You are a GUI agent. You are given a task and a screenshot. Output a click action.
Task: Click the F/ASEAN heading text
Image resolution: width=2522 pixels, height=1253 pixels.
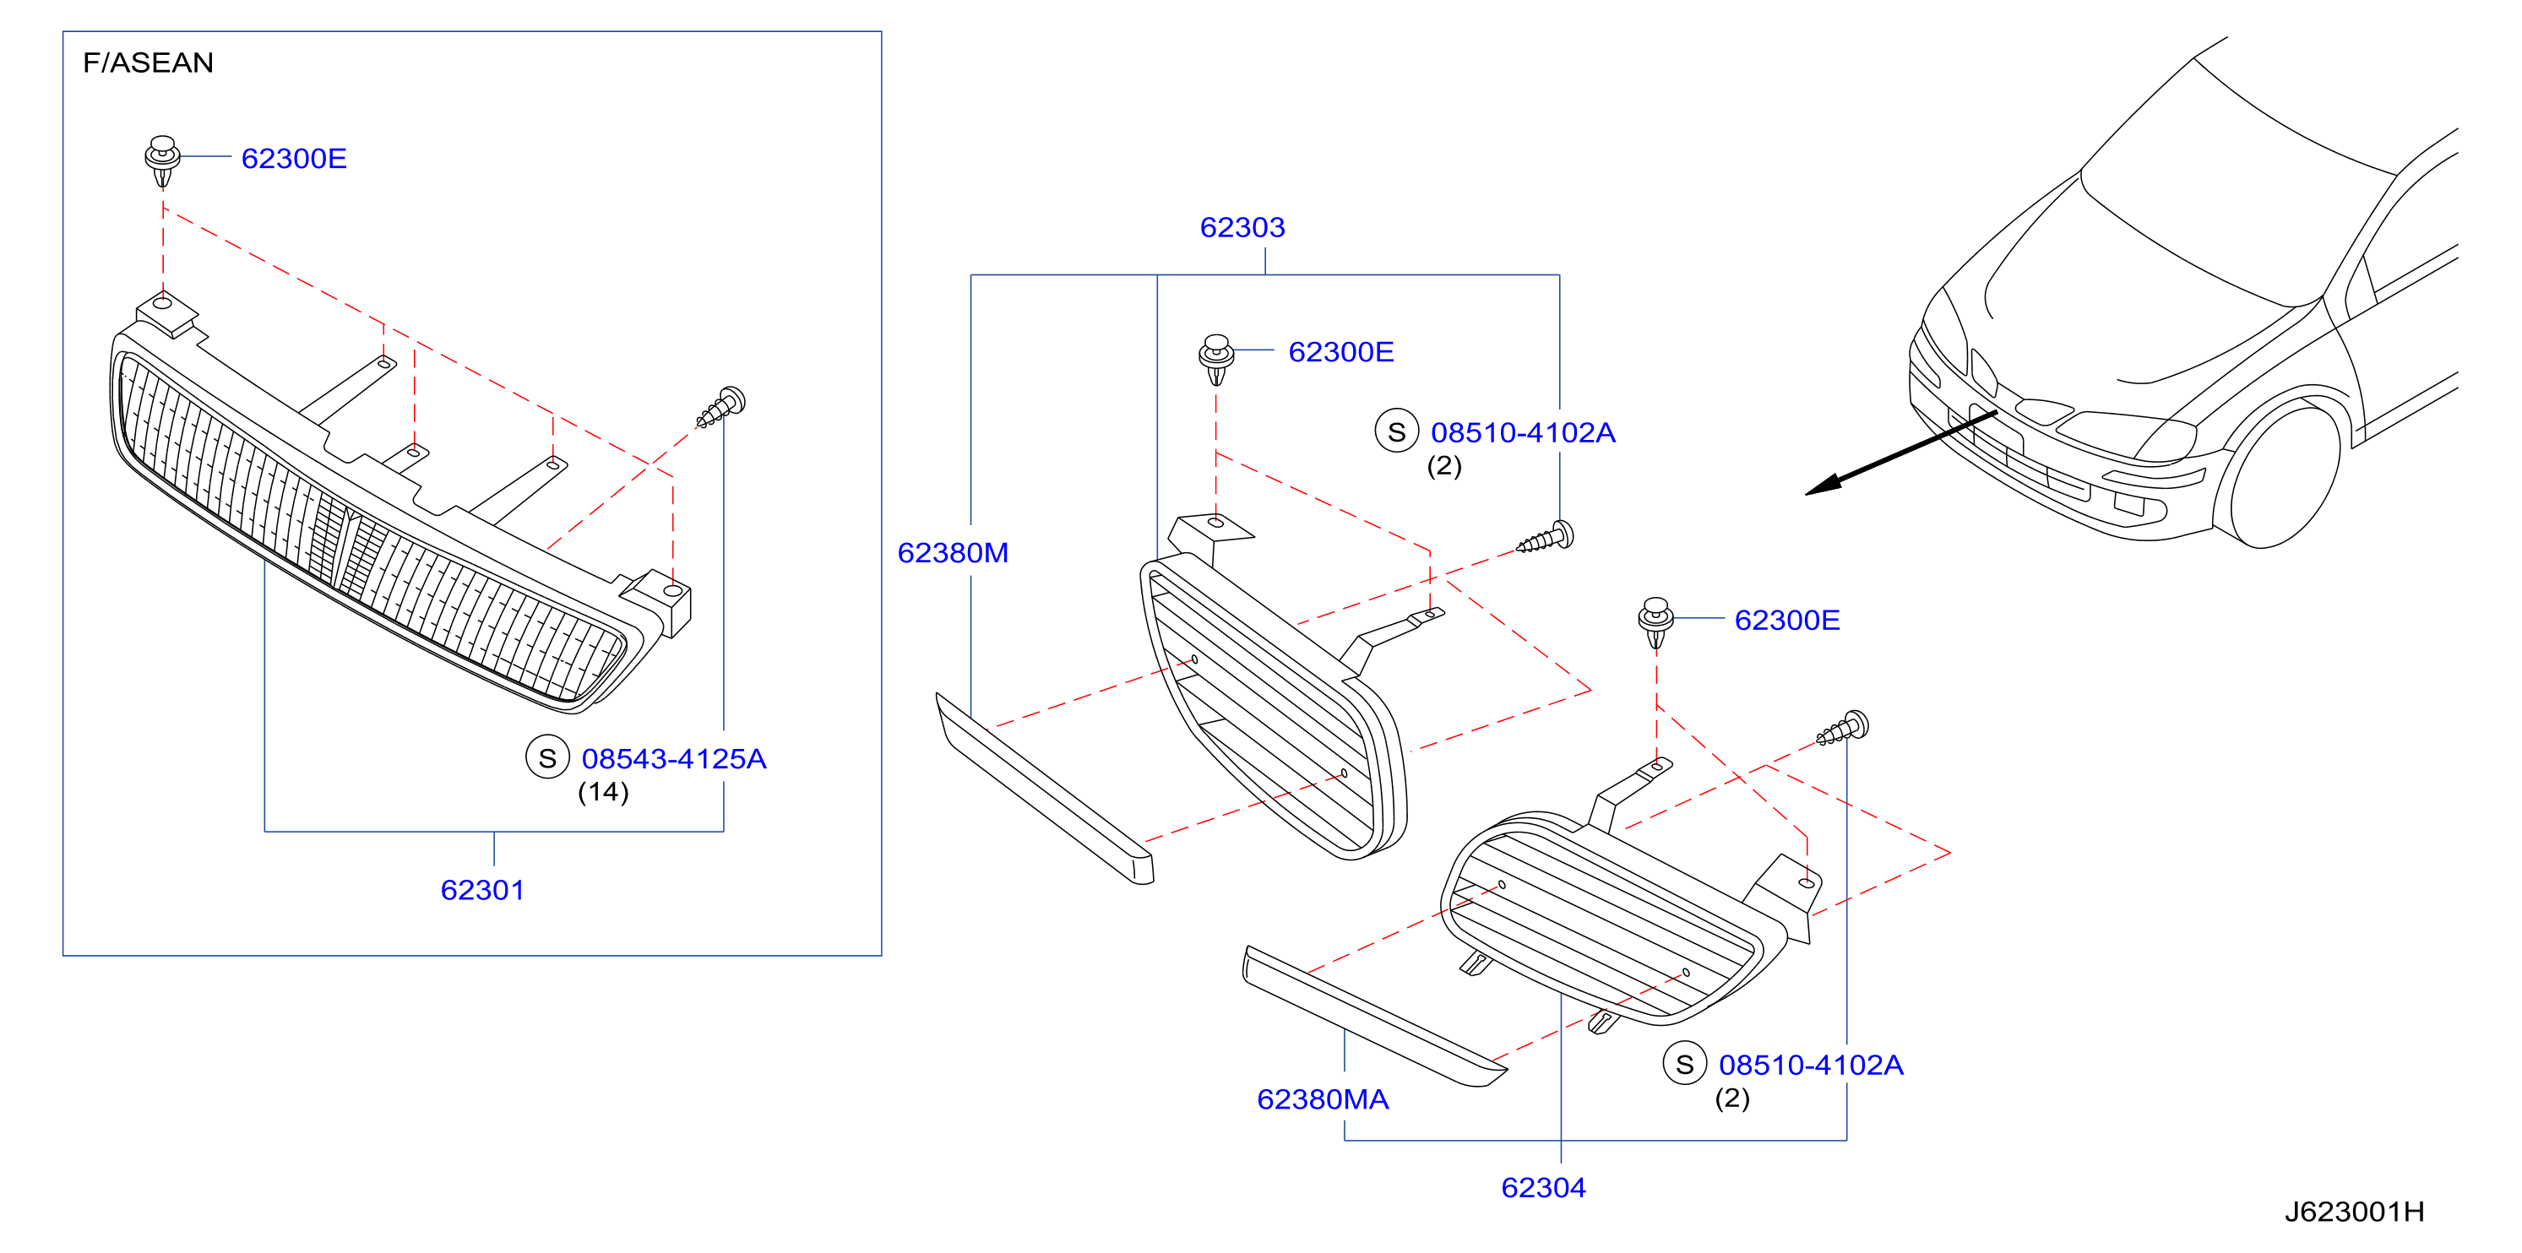pos(148,62)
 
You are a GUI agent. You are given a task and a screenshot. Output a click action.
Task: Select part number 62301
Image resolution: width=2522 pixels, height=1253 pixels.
pos(482,890)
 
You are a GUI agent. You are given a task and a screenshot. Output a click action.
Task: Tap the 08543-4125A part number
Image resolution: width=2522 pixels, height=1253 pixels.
pos(674,759)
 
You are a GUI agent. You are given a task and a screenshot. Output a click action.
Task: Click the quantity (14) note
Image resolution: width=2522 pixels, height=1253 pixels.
pos(603,792)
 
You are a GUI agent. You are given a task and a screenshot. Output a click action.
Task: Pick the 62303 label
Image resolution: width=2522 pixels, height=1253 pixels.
pos(1242,227)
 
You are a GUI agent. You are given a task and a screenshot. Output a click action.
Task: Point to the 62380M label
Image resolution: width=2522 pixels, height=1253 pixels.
pos(953,553)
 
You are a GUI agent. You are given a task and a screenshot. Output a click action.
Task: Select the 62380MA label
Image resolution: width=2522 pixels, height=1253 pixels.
pos(1323,1099)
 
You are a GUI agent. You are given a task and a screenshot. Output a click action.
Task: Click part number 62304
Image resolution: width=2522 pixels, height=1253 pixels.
pos(1544,1187)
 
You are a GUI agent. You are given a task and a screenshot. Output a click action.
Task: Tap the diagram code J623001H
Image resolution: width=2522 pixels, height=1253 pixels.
pos(2355,1212)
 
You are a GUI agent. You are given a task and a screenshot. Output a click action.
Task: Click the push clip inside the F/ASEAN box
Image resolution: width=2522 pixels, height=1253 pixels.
pos(162,160)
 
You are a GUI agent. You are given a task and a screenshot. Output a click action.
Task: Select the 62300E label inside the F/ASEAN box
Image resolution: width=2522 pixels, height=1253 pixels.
pos(294,159)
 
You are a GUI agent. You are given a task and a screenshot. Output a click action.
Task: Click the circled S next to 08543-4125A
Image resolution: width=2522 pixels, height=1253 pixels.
pos(547,757)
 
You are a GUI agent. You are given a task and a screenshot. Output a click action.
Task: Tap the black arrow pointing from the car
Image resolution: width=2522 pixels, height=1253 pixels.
pos(1900,453)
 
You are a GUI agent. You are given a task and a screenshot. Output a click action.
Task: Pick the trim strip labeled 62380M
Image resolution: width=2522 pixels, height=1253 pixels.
pos(1045,789)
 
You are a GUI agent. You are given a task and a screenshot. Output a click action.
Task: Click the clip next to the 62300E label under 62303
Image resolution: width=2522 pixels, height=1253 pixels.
pos(1216,359)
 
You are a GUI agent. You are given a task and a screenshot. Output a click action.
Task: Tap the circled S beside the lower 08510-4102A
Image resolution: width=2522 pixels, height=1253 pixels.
pos(1685,1064)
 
